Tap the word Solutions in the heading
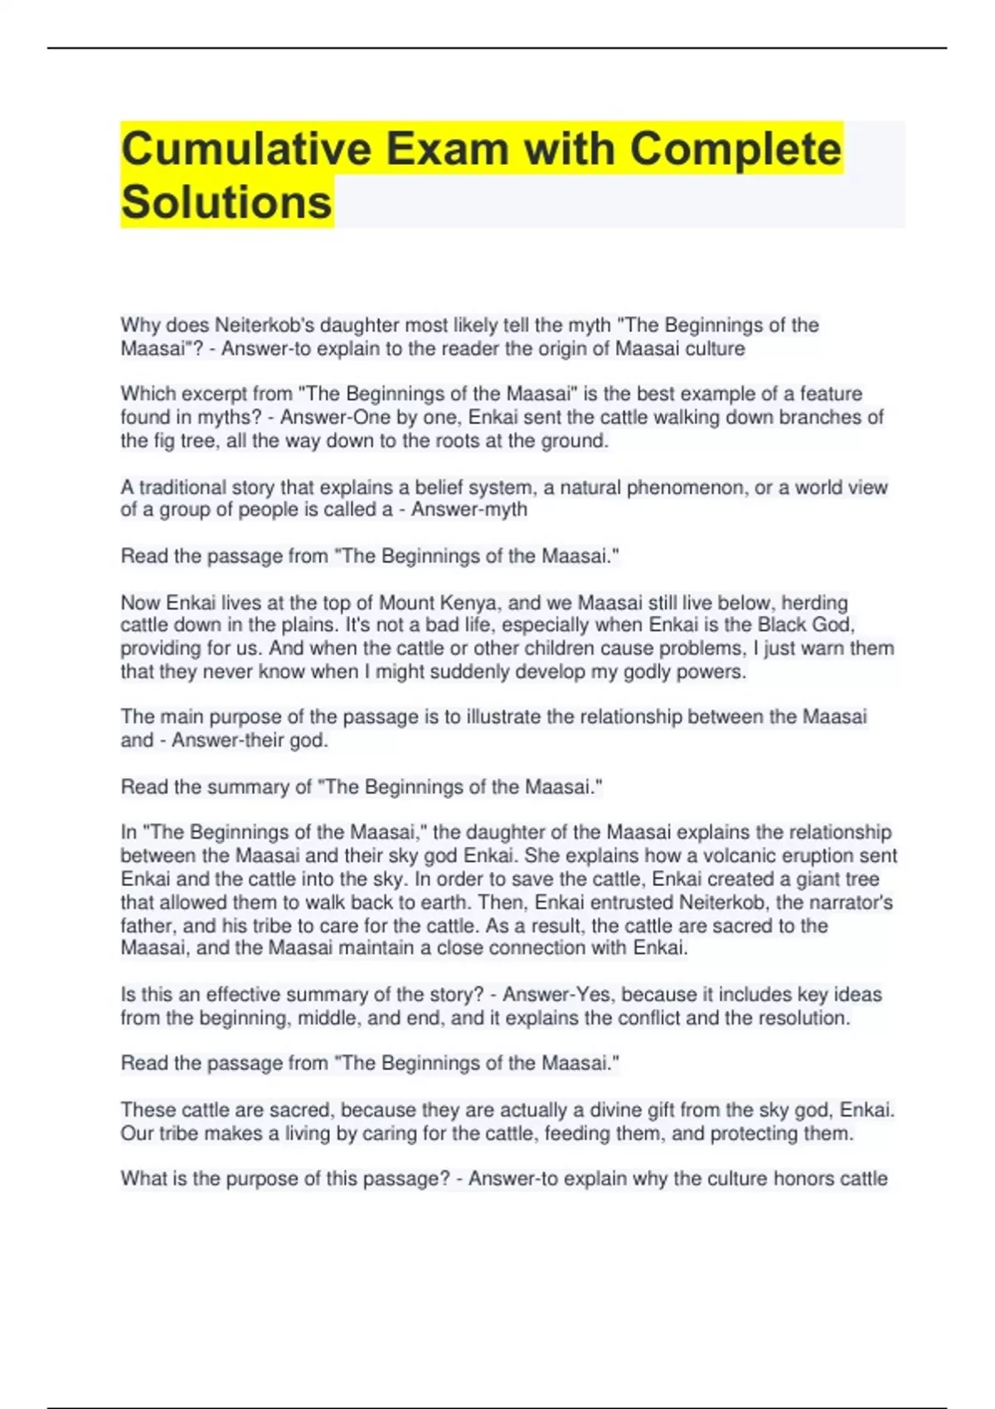point(226,202)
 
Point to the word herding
point(815,603)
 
